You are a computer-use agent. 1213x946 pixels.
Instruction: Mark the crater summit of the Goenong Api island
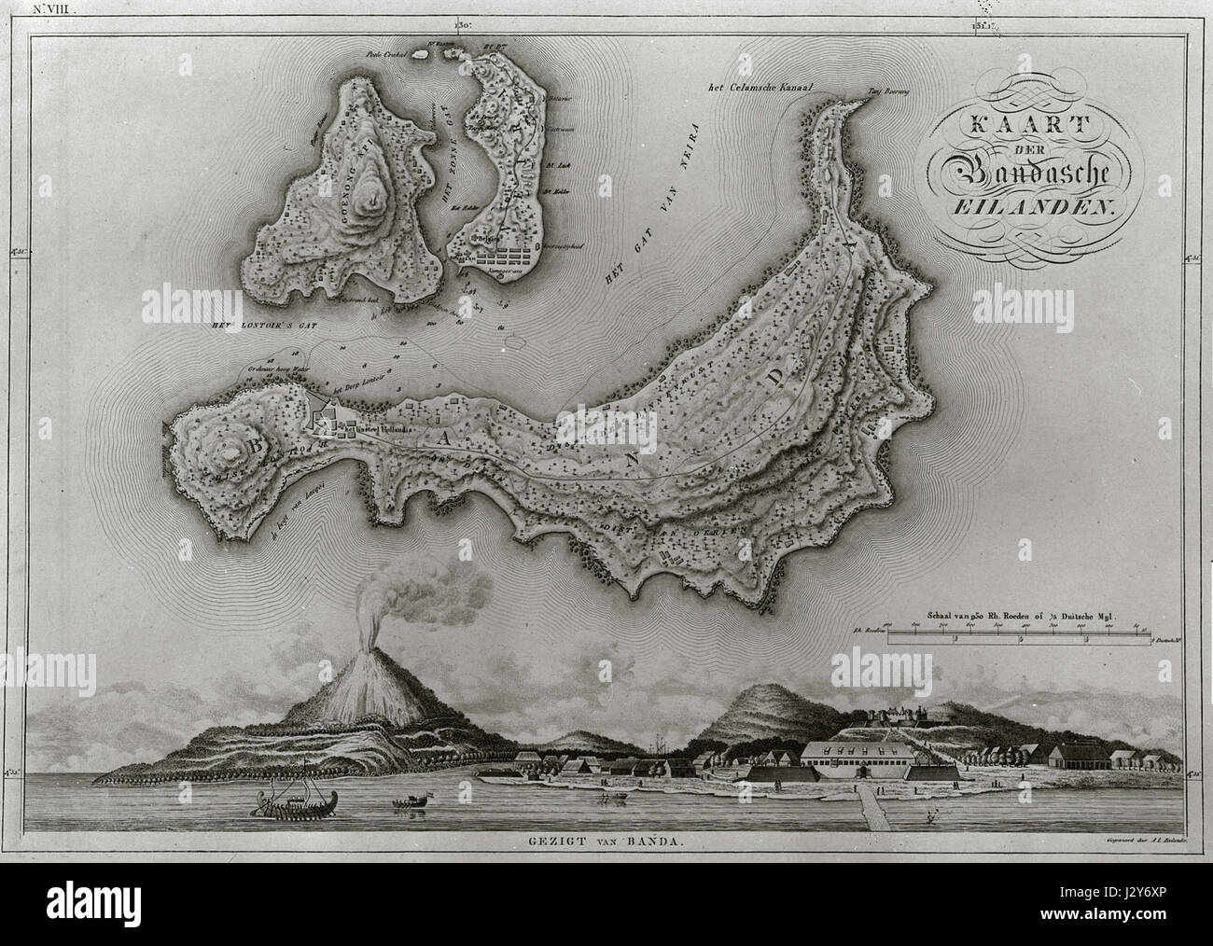tap(378, 197)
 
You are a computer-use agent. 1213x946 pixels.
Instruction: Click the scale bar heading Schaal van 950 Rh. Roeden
tap(1026, 617)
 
